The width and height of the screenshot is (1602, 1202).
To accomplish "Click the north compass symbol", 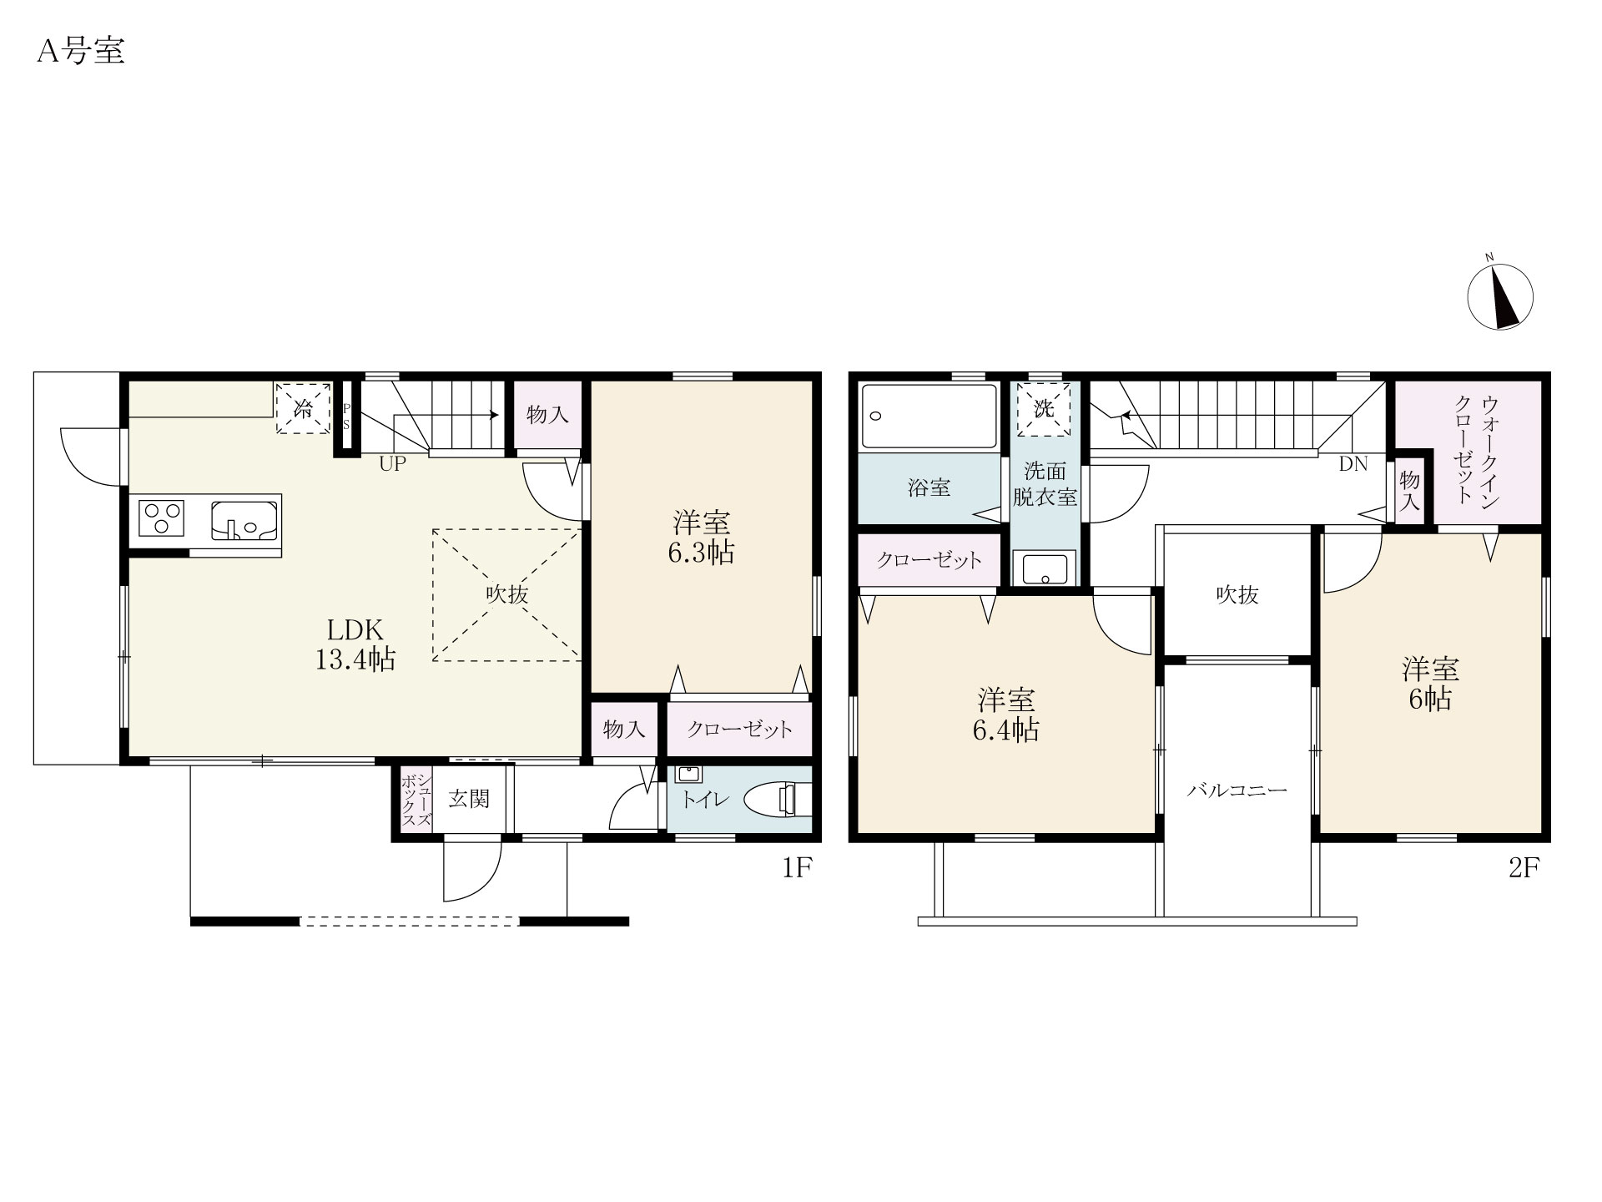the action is pos(1500,297).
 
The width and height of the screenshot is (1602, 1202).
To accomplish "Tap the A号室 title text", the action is pos(81,52).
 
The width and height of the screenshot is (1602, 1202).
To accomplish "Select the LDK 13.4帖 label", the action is pos(355,644).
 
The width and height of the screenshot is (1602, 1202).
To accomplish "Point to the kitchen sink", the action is pos(244,519).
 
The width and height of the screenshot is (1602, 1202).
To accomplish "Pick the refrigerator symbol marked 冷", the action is pos(304,409).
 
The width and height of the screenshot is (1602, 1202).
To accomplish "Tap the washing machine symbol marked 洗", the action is pos(1044,410).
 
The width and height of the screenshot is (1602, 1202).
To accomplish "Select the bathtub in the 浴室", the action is pos(929,416).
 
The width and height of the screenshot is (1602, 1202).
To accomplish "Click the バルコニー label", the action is pos(1237,790).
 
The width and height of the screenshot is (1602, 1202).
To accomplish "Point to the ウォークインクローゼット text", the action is pos(1477,452).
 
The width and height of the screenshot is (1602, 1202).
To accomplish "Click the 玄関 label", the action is pos(469,800).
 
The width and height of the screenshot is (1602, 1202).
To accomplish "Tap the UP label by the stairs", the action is pos(393,464).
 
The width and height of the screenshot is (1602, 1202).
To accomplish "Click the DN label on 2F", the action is pos(1353,465).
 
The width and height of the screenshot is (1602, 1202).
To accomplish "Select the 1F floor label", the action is pos(797,869).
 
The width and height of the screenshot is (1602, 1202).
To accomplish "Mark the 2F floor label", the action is pos(1523,869).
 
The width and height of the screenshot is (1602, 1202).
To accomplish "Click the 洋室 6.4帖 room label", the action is pos(1005,715).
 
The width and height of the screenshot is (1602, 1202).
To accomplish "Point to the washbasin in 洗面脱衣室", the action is pos(1044,568).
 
